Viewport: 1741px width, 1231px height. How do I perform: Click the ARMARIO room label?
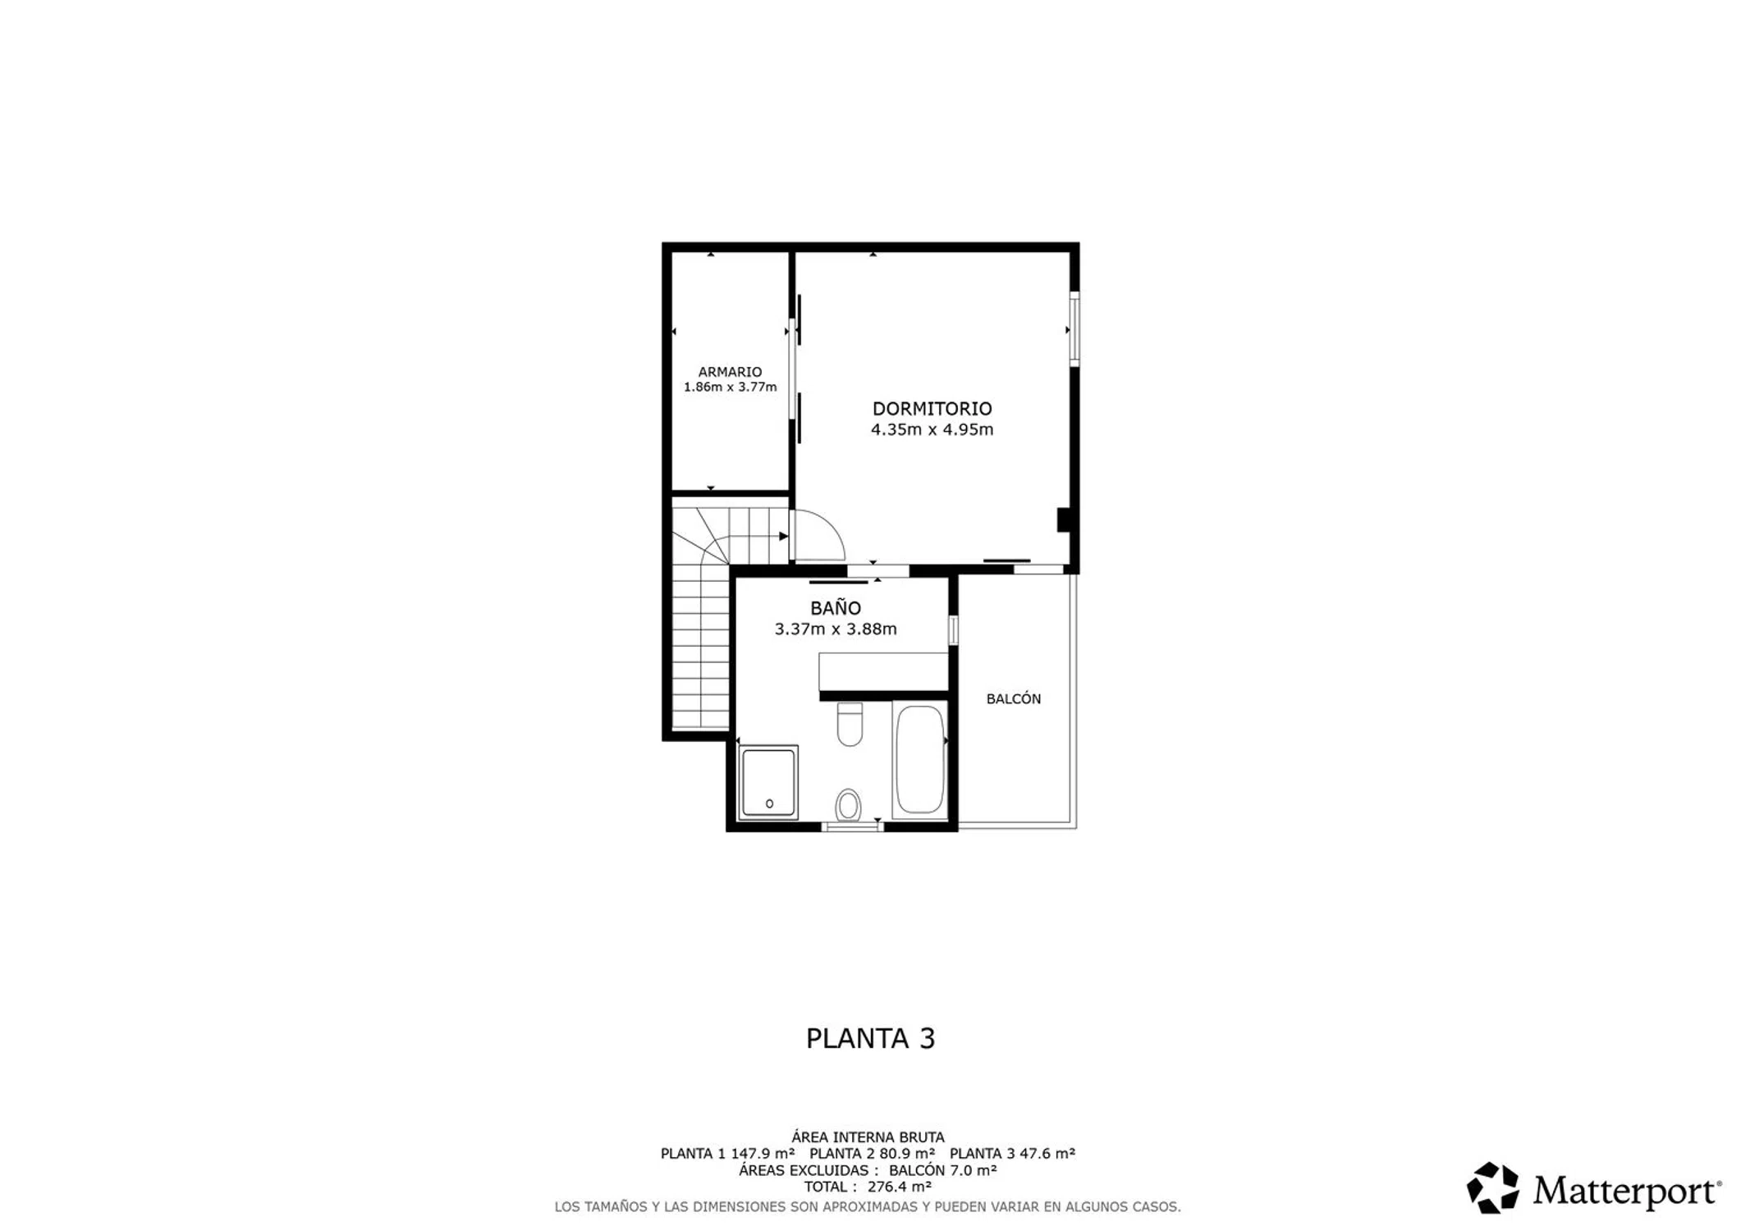click(x=730, y=372)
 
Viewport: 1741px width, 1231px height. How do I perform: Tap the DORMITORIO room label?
click(x=932, y=409)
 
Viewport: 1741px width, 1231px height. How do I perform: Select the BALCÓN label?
click(x=1014, y=698)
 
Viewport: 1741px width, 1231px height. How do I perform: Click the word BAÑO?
click(x=836, y=608)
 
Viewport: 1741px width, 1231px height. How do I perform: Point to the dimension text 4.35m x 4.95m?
click(x=932, y=429)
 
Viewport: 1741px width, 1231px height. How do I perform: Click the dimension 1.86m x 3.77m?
click(x=730, y=387)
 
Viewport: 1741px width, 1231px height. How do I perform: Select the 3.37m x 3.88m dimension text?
click(x=836, y=629)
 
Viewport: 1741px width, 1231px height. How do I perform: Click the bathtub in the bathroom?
click(x=919, y=759)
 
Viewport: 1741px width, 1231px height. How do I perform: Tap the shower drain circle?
click(x=769, y=803)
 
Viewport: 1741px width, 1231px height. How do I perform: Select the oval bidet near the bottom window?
click(x=848, y=805)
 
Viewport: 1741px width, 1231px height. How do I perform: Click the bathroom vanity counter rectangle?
click(x=883, y=671)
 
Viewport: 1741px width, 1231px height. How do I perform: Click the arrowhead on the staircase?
click(x=783, y=536)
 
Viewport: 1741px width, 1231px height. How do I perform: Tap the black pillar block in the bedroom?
click(x=1063, y=520)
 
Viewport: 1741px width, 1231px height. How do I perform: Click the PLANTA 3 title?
click(x=870, y=1039)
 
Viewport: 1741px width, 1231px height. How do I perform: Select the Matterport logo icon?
click(x=1492, y=1188)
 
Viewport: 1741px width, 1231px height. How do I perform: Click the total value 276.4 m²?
click(x=899, y=1187)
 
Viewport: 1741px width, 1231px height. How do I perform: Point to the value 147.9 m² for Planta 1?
click(x=763, y=1154)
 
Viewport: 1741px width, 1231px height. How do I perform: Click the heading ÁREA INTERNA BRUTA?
click(x=868, y=1137)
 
